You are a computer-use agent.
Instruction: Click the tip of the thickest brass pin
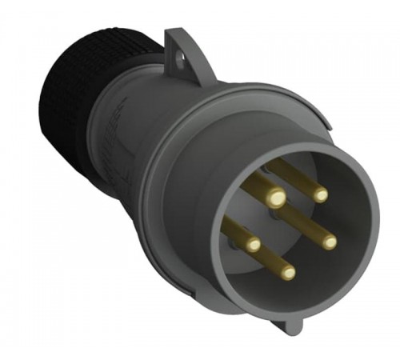[x=275, y=196]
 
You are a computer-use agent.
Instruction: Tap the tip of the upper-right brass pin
[x=320, y=194]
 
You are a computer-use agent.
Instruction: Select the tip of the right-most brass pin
[x=330, y=240]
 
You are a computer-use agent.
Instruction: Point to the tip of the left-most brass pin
[x=254, y=245]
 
